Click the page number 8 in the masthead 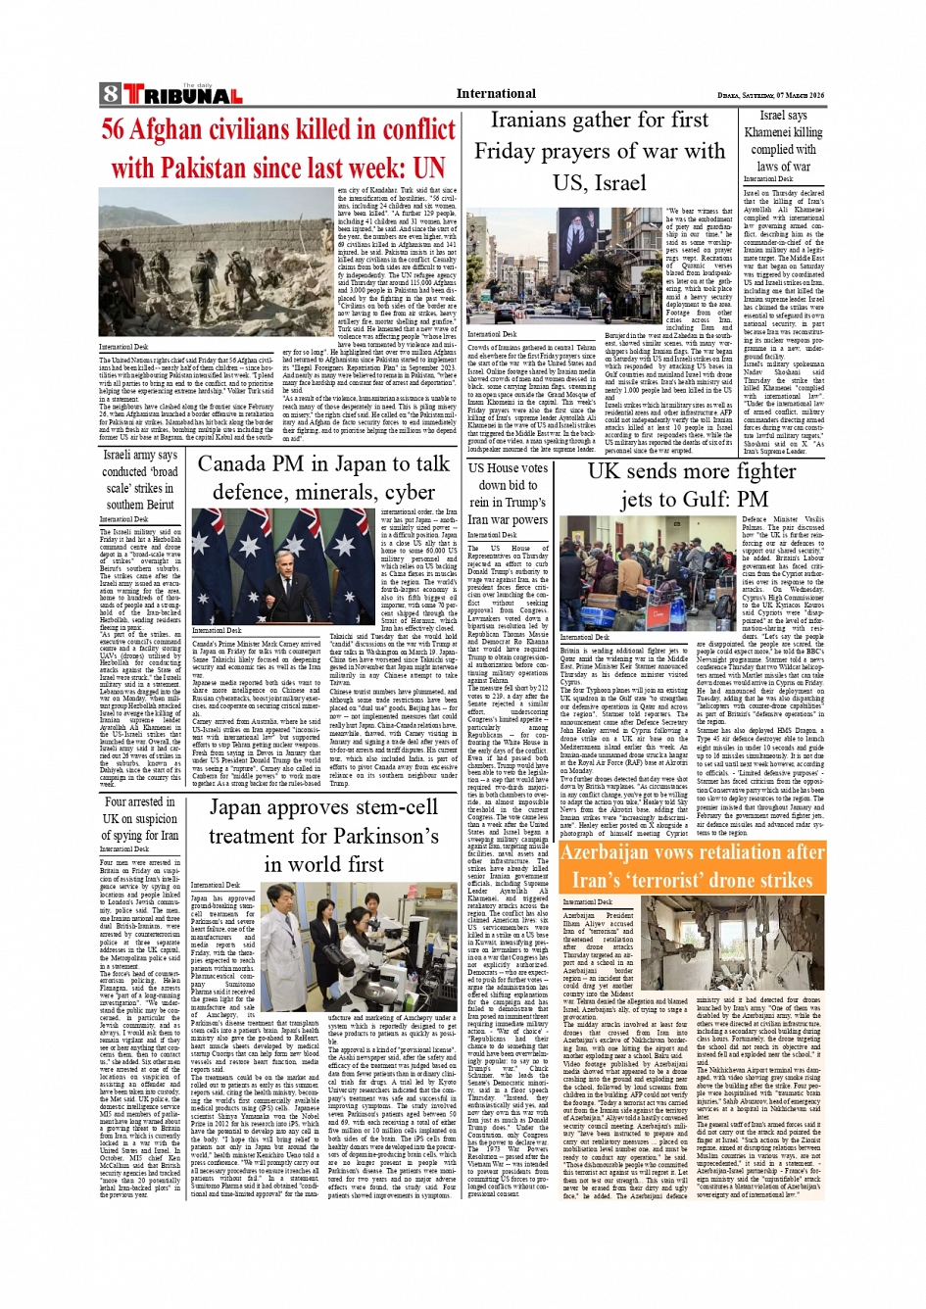(x=109, y=95)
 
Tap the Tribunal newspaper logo (x=181, y=95)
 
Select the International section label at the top (x=496, y=94)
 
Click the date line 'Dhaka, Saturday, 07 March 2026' (x=770, y=95)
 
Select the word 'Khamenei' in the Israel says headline (x=782, y=133)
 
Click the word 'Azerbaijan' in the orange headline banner (x=610, y=852)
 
